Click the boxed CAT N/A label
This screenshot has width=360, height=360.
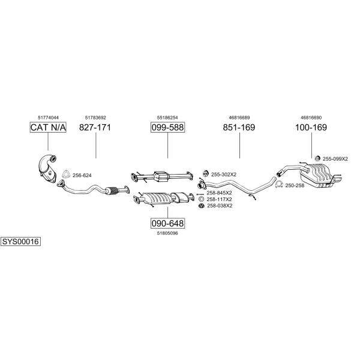48,127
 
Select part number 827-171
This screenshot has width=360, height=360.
95,127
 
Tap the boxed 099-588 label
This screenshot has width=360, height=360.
167,127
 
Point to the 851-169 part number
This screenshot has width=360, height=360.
239,127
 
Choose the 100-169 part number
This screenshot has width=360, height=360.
311,127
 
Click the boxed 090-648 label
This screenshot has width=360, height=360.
167,223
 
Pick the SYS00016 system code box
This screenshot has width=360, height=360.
20,242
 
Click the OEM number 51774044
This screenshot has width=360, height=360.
48,118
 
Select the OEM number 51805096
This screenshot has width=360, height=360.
167,233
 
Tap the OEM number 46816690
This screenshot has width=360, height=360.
311,118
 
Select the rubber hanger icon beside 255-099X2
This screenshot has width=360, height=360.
317,158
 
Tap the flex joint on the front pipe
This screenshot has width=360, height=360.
112,191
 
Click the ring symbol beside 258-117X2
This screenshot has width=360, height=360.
202,199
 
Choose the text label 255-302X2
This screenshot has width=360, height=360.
224,175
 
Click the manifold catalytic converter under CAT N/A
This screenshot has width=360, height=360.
47,169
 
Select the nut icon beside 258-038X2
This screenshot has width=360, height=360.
202,206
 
